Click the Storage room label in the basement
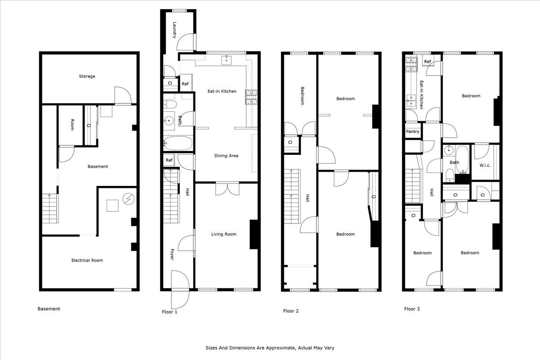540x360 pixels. coord(87,76)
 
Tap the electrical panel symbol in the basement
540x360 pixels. coord(129,198)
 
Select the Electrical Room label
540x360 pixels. coord(87,260)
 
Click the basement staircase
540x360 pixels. coord(50,208)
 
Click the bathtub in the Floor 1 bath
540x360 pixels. coord(178,144)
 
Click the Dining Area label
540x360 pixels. coord(226,156)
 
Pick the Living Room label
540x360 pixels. coord(224,234)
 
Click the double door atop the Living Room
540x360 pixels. coord(227,188)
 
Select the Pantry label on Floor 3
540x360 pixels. coord(413,132)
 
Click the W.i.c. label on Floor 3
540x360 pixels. coord(484,165)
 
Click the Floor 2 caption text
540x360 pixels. coord(291,311)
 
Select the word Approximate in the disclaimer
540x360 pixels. coord(275,348)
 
